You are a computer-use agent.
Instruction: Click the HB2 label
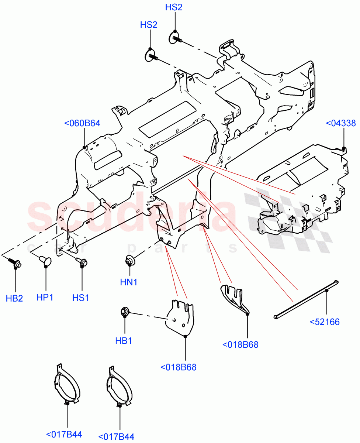pos(14,298)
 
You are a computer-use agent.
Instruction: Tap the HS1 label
pos(81,298)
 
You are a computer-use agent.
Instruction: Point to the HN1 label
pos(129,282)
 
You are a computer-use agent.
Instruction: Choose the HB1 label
pos(124,341)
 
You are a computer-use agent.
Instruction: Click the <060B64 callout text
pos(82,123)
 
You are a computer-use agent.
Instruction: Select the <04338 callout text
pos(341,123)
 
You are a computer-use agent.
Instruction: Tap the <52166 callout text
pos(325,322)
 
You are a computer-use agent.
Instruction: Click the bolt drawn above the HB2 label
pos(15,262)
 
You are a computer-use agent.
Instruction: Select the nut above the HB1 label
pos(125,312)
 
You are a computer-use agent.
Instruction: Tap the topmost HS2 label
pos(174,8)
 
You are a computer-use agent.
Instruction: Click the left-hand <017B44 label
pos(64,435)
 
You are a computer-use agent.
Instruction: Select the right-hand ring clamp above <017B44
pos(118,386)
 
